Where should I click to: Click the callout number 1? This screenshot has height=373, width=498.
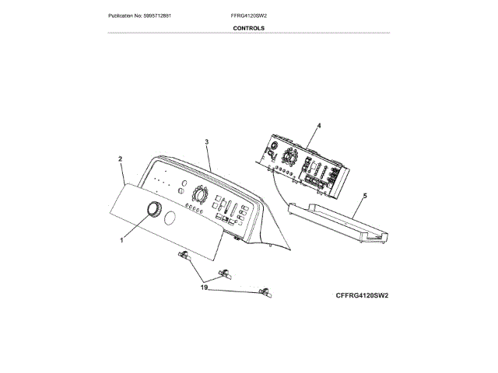point(121,241)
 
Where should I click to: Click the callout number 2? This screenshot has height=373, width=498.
point(121,159)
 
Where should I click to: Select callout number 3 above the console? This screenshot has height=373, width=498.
point(207,141)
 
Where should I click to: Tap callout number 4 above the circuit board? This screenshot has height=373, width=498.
point(319,125)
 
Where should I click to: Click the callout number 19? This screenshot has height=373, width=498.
point(204,288)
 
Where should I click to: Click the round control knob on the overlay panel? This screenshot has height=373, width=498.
point(153,210)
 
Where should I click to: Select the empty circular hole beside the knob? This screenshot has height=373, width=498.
point(173,214)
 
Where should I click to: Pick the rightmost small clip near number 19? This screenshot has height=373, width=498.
point(265,291)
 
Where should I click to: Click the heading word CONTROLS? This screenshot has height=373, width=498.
point(248,28)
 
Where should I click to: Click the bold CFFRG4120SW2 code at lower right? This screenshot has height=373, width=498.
point(362,296)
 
